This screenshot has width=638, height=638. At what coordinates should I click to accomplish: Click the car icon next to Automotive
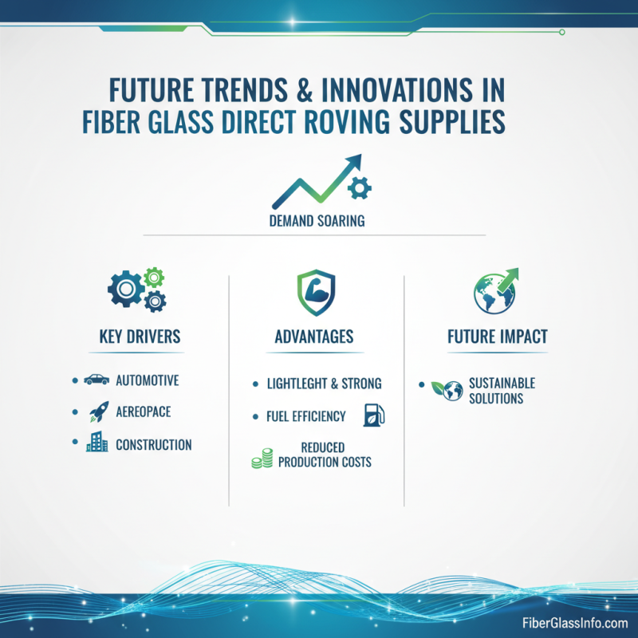tap(96, 380)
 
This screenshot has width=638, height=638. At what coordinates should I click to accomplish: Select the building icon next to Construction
tap(96, 443)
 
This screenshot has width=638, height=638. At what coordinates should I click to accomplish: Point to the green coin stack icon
tap(262, 457)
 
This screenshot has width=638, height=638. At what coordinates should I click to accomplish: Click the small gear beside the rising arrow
tap(361, 188)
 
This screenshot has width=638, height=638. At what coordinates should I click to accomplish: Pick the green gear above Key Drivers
tap(153, 278)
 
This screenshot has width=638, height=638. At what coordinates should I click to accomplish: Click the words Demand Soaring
tap(317, 221)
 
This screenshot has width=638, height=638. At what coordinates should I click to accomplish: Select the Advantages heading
tap(314, 337)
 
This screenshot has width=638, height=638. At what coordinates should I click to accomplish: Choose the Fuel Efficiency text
tap(305, 415)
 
